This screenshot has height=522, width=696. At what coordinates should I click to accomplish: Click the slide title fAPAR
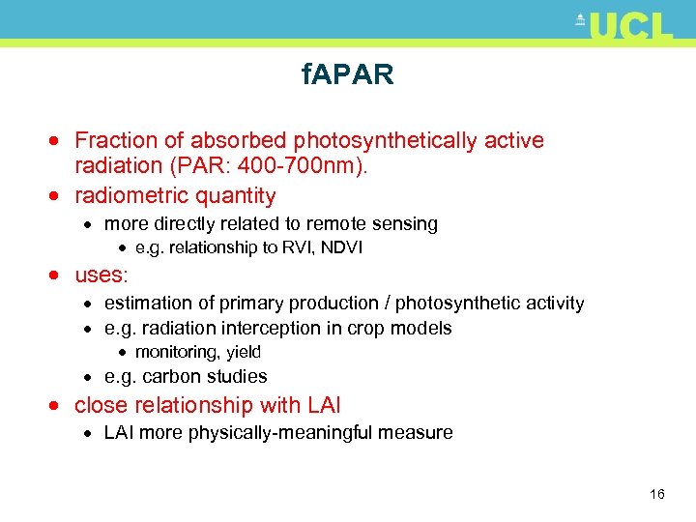coord(347,75)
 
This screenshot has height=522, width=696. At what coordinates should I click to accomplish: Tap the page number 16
coord(657,495)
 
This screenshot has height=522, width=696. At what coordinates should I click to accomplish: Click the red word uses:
coord(101,275)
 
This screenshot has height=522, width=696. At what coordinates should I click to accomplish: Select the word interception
coord(275,329)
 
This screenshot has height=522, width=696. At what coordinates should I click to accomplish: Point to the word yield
coord(243,353)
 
